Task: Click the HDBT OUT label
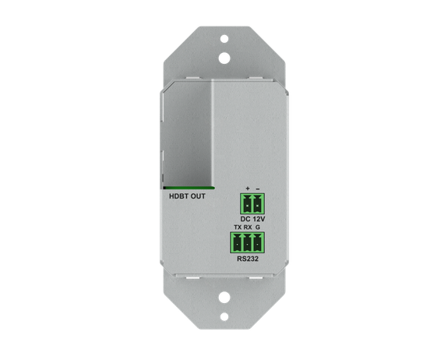pos(187,196)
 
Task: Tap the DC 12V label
pos(252,219)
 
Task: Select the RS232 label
pos(248,259)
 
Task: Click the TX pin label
pos(238,228)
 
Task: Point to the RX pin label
pos(248,228)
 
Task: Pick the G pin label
pos(257,228)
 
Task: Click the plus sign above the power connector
pos(248,189)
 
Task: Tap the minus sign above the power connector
pos(258,189)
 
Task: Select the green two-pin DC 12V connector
pos(252,203)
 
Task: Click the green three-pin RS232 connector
pos(247,243)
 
